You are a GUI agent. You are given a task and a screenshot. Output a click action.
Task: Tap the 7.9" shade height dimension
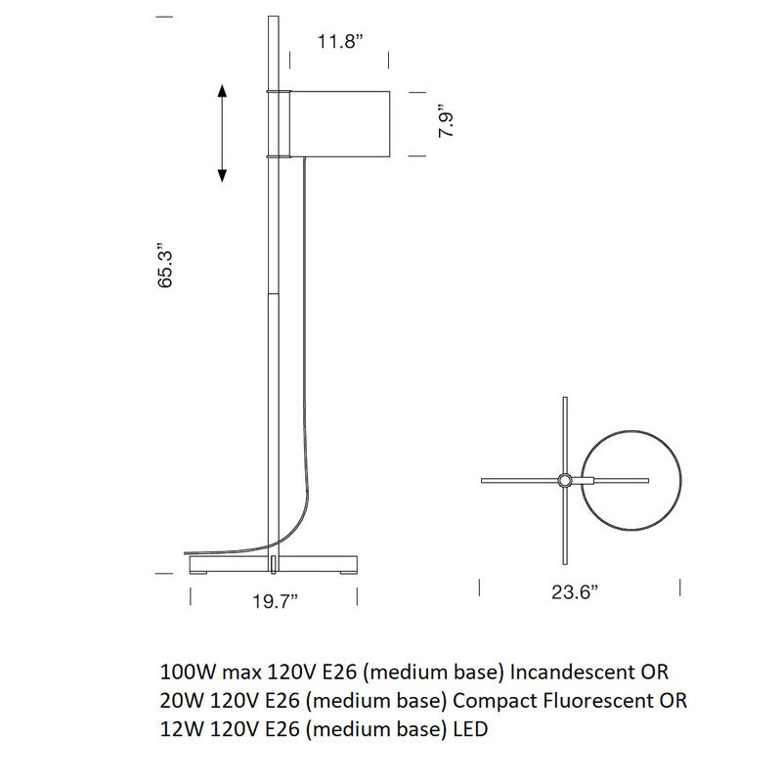[447, 122]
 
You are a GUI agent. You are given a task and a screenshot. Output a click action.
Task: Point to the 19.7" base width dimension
[275, 600]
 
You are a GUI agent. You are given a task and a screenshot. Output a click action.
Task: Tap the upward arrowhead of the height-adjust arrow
[223, 92]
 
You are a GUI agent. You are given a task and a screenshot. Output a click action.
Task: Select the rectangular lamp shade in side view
[341, 123]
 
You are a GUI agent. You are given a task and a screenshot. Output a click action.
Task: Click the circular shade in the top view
[632, 480]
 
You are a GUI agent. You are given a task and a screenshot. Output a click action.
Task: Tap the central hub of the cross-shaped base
[565, 480]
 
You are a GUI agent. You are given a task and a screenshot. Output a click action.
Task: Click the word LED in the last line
[469, 729]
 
